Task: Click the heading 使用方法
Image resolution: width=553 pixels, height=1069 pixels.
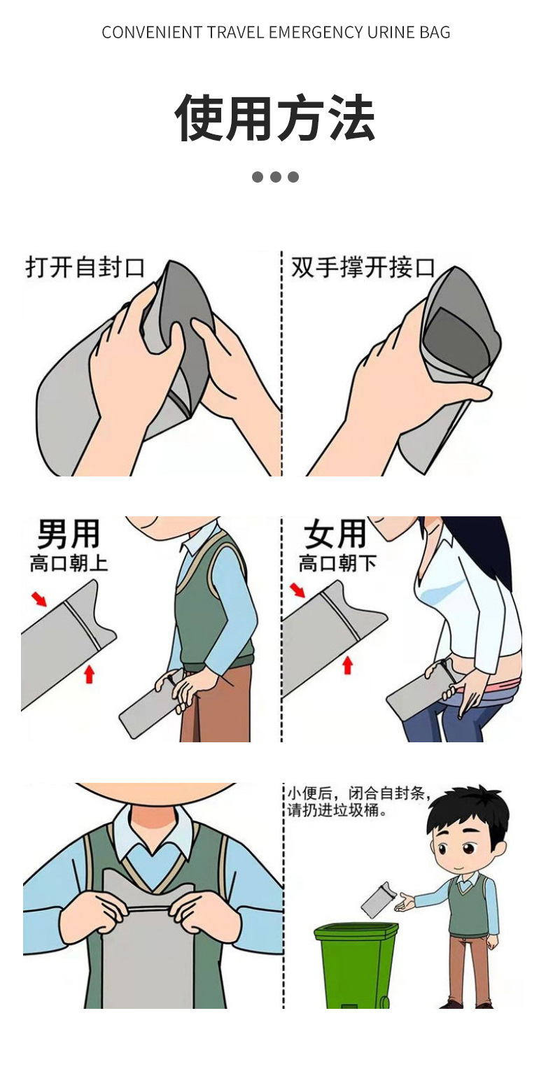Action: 275,118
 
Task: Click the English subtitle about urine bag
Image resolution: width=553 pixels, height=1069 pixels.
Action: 276,32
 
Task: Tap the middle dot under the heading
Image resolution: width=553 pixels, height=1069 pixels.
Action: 276,177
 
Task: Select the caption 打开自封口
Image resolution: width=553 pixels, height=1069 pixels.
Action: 85,267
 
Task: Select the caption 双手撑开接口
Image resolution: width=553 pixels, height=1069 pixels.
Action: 363,267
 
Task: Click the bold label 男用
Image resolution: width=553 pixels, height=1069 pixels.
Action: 68,534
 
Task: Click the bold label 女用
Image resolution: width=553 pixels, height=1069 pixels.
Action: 335,534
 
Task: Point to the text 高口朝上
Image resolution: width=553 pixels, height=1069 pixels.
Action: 69,563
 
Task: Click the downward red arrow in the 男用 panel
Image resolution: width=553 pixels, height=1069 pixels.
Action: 39,598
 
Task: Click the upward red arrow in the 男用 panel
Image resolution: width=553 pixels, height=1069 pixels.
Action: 89,674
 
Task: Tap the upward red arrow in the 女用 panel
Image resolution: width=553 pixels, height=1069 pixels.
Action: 347,665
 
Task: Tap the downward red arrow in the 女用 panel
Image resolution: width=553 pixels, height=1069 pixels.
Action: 298,590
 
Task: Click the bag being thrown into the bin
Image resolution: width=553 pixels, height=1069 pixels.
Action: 378,900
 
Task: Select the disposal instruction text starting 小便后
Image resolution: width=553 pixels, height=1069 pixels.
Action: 357,802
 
